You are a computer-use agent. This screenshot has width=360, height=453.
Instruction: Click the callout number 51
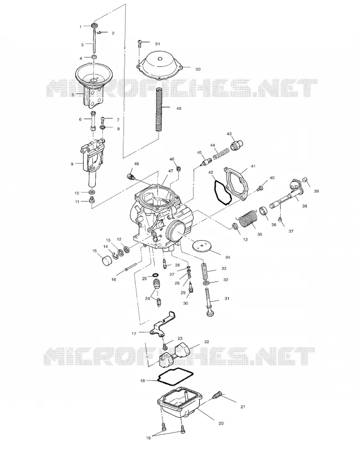pyautogui.click(x=157, y=44)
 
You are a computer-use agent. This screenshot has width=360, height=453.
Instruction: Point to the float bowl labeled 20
pyautogui.click(x=179, y=402)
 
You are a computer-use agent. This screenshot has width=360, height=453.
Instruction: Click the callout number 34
pyautogui.click(x=228, y=257)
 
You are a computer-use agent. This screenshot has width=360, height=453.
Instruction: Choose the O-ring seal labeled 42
pyautogui.click(x=222, y=193)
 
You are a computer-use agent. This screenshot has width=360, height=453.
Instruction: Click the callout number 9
pyautogui.click(x=72, y=164)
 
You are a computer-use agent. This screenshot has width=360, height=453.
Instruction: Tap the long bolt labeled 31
pyautogui.click(x=209, y=302)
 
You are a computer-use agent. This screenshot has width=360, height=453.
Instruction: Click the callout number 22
pyautogui.click(x=207, y=341)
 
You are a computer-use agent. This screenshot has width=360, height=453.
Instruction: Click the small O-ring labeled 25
pyautogui.click(x=155, y=275)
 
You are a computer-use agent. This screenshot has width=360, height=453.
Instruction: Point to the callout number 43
pyautogui.click(x=229, y=134)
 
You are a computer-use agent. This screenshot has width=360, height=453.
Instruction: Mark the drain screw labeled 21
pyautogui.click(x=218, y=395)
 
